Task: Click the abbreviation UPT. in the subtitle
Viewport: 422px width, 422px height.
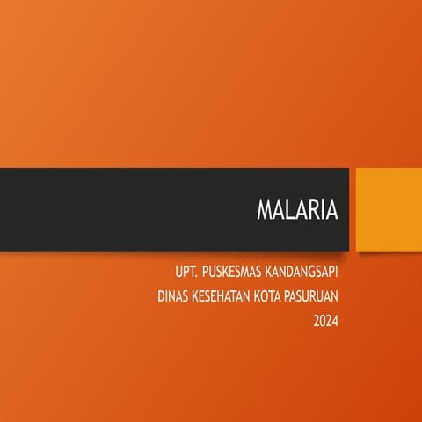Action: [186, 273]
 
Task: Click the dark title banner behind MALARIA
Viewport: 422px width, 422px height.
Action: [123, 209]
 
